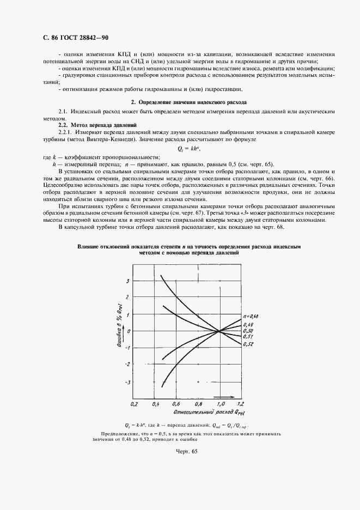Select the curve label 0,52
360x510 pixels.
248,344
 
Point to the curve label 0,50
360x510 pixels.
248,331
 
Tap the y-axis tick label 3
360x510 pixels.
127,281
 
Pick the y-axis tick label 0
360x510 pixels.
129,331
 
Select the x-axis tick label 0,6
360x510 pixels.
176,404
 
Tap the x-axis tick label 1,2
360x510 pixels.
240,404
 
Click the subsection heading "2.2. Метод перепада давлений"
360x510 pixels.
90,125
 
